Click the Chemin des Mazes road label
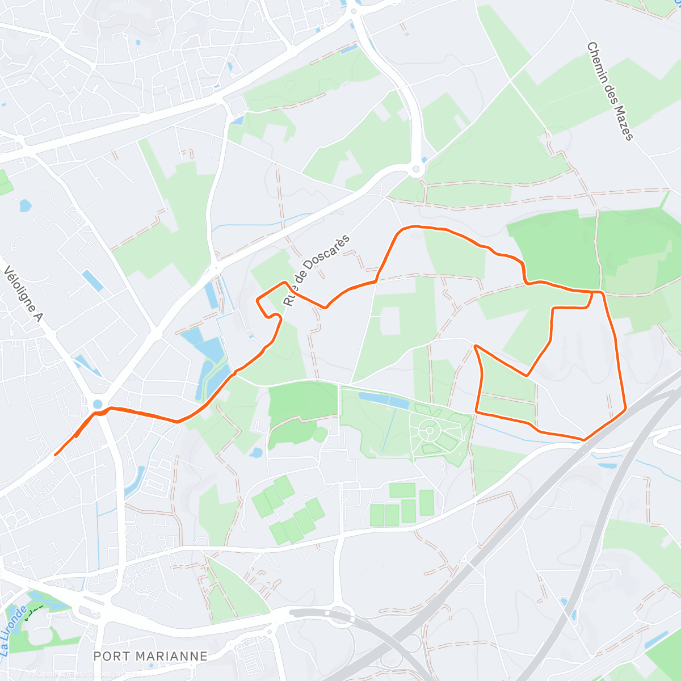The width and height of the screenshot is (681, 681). (x=609, y=91)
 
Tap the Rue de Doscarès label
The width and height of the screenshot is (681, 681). (x=317, y=270)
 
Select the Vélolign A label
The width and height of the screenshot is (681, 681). (x=23, y=294)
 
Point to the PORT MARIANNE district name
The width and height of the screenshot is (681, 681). (x=150, y=656)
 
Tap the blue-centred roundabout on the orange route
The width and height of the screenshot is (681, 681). (x=98, y=404)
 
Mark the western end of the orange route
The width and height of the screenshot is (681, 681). (x=55, y=455)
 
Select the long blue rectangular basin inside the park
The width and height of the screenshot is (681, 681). (x=383, y=401)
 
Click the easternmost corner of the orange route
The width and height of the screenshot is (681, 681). (x=625, y=407)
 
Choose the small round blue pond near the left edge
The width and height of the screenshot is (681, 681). (x=25, y=205)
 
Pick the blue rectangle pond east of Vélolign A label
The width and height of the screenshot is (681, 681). (x=92, y=280)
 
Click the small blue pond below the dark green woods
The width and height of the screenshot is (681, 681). (x=255, y=453)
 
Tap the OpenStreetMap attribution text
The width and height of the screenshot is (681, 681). (x=57, y=674)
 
